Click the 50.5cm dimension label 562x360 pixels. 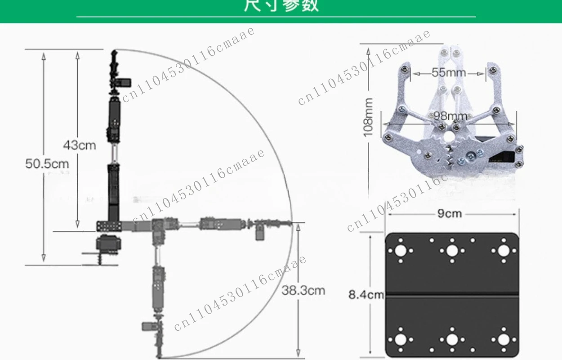(x=47, y=163)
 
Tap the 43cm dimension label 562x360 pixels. (x=80, y=145)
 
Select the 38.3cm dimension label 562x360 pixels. (x=303, y=290)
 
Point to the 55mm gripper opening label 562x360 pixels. (x=449, y=72)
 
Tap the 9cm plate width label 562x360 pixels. (x=450, y=213)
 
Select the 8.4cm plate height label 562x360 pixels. (x=366, y=295)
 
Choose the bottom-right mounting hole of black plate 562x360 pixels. (x=504, y=340)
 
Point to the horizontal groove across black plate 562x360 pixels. (x=452, y=295)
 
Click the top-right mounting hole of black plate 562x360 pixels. (x=504, y=251)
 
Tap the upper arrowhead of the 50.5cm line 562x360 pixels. (x=44, y=55)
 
